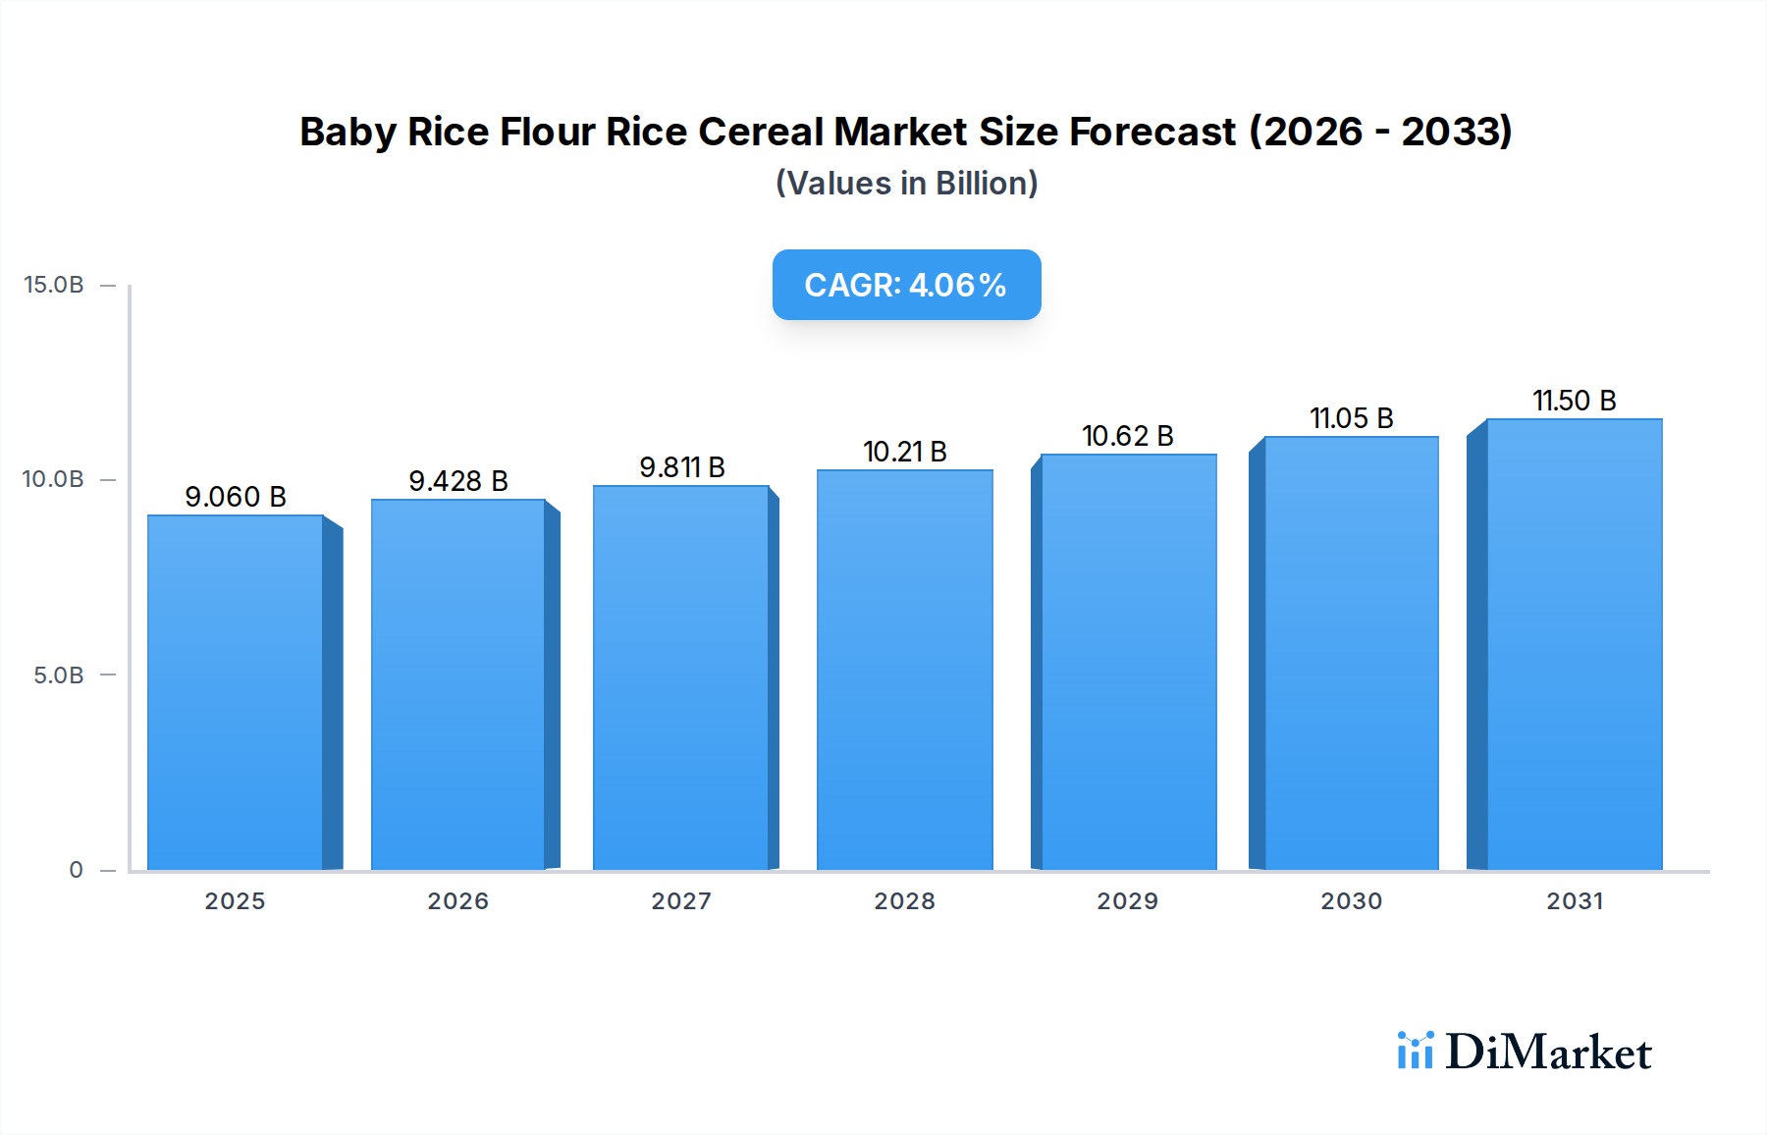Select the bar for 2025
coord(236,692)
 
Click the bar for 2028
coord(904,670)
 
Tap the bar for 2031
coord(1574,644)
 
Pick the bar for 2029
coord(1128,662)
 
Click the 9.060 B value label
coord(236,497)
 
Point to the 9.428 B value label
coord(458,481)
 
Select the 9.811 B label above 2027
coord(682,467)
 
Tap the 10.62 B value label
coord(1128,436)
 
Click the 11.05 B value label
coord(1352,418)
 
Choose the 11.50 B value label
coord(1575,401)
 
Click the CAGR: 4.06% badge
coord(906,285)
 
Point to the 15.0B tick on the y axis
coord(54,285)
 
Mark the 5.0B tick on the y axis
coord(59,676)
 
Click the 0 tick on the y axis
coord(76,870)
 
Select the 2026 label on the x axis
coord(458,901)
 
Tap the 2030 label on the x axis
coord(1352,901)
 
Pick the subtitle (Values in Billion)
coord(906,184)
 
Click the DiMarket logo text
coord(1548,1053)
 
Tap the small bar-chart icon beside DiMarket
coord(1415,1051)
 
